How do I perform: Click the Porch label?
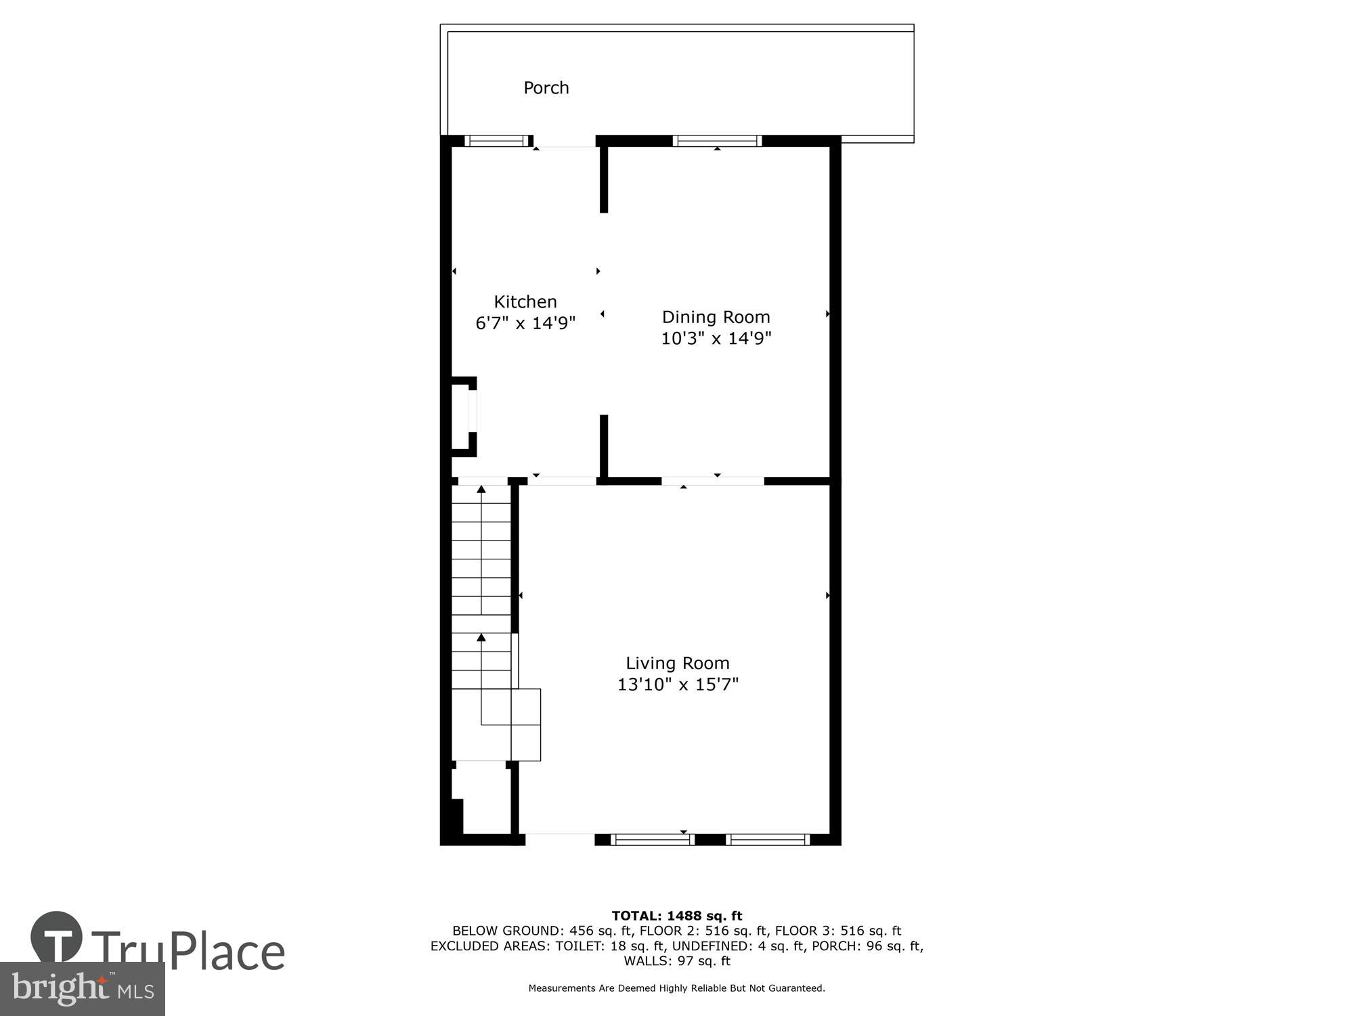tap(546, 88)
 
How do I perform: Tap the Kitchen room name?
tap(525, 302)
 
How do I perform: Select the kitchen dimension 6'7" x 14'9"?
tap(525, 323)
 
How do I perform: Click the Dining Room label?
tap(716, 317)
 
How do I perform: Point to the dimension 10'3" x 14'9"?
tap(716, 338)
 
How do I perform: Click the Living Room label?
tap(677, 663)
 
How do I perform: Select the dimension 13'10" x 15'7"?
tap(677, 685)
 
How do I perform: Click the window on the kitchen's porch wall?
tap(496, 141)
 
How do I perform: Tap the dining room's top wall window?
tap(717, 141)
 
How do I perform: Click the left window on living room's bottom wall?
tap(652, 840)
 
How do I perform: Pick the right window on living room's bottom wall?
tap(768, 840)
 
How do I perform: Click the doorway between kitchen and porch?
tap(564, 142)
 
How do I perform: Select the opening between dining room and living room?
tap(712, 481)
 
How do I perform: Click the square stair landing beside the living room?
tap(525, 725)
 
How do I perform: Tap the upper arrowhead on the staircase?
tap(481, 489)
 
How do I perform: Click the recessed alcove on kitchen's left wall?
tap(463, 417)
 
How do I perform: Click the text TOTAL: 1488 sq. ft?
tap(676, 916)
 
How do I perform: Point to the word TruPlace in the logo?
tap(188, 951)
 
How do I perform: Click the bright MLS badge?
tap(82, 989)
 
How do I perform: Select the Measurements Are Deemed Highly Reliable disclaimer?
tap(676, 988)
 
